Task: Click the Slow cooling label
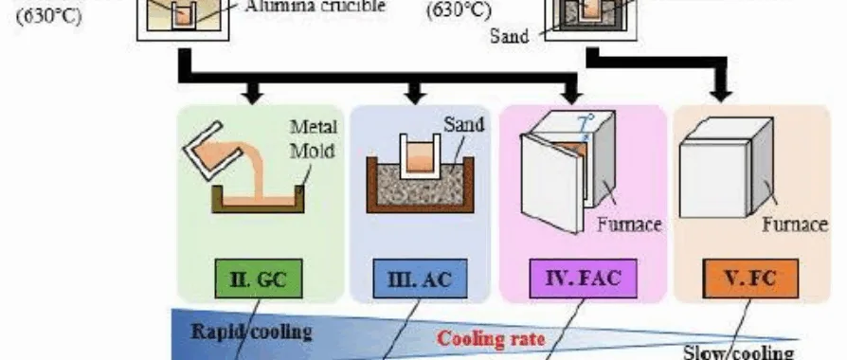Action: [x=738, y=351]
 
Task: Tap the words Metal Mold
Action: [x=312, y=139]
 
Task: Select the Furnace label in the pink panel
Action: [x=629, y=225]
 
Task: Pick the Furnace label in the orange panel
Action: [x=795, y=225]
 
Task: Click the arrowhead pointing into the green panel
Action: [x=252, y=94]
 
